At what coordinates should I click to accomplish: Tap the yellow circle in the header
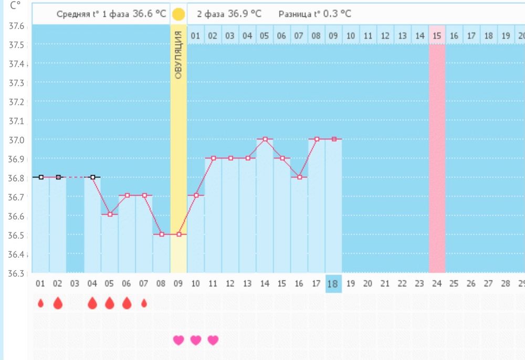(178, 14)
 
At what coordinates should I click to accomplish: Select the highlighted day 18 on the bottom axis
(333, 283)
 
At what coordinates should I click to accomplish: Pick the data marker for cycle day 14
(265, 139)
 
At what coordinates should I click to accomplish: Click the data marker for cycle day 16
(299, 177)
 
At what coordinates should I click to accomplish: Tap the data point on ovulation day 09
(178, 234)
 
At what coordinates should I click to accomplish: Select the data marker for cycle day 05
(110, 214)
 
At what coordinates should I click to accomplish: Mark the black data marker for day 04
(93, 177)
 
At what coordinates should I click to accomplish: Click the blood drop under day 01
(40, 303)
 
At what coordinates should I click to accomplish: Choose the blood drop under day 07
(144, 303)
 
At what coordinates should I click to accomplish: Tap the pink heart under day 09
(178, 340)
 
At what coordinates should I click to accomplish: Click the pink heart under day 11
(213, 340)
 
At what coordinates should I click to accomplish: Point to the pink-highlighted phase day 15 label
(437, 36)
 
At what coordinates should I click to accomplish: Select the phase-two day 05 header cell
(264, 36)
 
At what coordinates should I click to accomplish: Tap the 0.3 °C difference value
(340, 14)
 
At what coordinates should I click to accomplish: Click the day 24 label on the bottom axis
(437, 283)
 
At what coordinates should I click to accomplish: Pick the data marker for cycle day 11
(214, 158)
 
